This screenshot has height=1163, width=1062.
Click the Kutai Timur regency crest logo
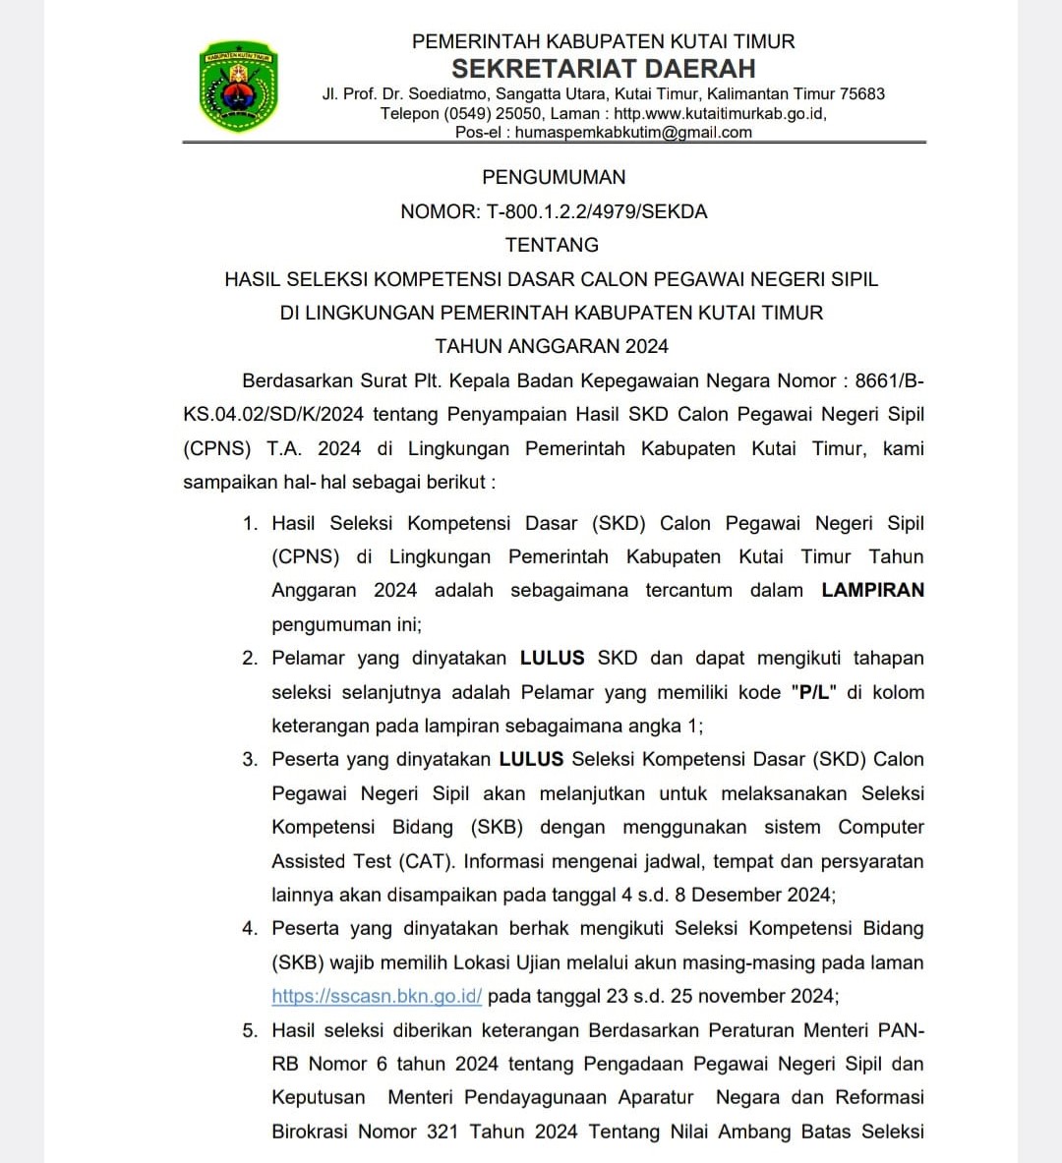[x=238, y=87]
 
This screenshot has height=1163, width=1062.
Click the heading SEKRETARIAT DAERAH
[x=603, y=68]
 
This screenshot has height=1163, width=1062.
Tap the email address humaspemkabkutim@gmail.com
[x=633, y=132]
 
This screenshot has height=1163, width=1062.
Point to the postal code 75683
[x=862, y=93]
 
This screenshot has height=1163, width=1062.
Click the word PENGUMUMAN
[x=554, y=177]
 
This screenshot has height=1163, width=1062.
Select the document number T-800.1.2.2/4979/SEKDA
[x=597, y=211]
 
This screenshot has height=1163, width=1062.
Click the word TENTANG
[x=552, y=245]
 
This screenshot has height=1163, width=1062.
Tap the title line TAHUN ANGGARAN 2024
[x=552, y=346]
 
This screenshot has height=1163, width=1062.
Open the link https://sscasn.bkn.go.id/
[x=377, y=996]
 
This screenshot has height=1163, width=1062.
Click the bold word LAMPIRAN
[x=872, y=590]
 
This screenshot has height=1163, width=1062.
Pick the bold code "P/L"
[x=813, y=692]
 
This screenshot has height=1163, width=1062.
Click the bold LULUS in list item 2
[x=552, y=658]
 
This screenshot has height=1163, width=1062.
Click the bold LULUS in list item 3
[x=531, y=759]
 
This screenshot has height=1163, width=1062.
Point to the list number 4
[x=250, y=928]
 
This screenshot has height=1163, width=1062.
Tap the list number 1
[x=250, y=523]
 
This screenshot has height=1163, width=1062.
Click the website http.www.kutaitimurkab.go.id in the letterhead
[x=720, y=113]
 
